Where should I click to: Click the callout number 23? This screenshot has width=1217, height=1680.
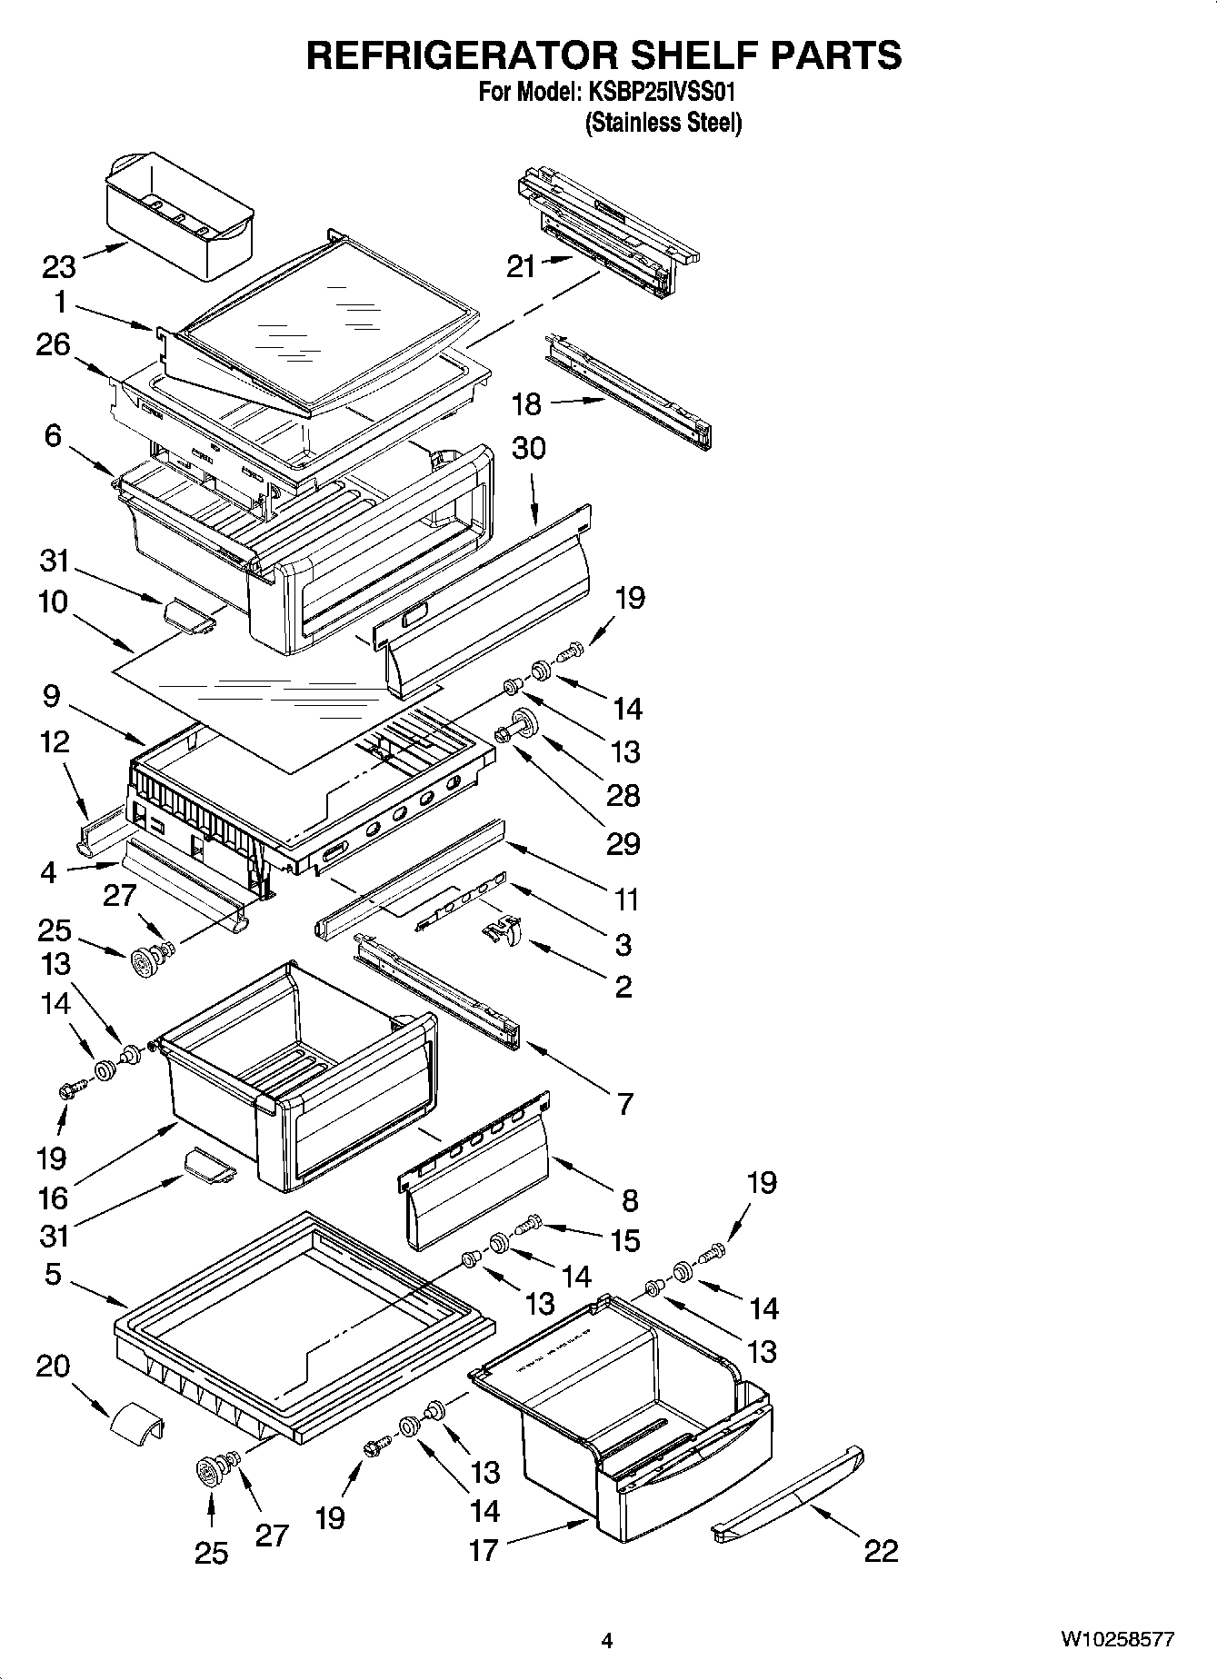[59, 267]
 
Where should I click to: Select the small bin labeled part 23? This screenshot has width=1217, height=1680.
[179, 216]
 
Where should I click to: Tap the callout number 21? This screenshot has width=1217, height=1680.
[522, 267]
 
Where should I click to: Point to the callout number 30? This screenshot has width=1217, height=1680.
[529, 448]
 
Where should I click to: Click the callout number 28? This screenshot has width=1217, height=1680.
[623, 796]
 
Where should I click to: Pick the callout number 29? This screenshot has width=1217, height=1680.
[623, 844]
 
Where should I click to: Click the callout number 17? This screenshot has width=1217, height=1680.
[484, 1549]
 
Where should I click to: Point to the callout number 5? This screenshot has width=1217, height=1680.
[53, 1275]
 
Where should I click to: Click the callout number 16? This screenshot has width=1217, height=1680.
[53, 1198]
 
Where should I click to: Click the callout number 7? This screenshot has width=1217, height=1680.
[624, 1104]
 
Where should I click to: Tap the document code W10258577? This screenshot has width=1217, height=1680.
[1117, 1640]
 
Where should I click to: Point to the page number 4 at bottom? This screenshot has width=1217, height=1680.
[607, 1641]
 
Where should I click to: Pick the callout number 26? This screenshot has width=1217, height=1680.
[53, 345]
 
